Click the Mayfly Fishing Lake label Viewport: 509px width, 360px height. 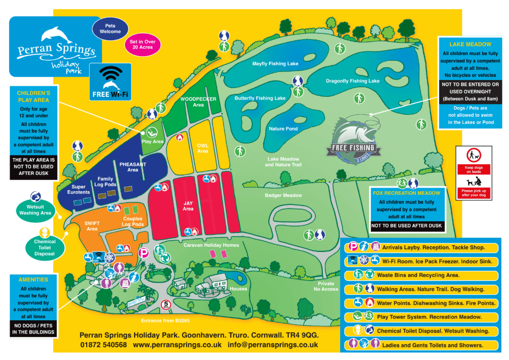point(275,64)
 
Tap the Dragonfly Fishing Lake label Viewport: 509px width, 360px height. point(353,81)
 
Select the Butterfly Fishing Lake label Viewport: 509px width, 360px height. point(260,98)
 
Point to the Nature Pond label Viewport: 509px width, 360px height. point(283,129)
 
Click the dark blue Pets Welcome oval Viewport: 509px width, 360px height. point(110,29)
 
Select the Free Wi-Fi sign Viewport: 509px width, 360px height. point(110,82)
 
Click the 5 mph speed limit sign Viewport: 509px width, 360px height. point(165,305)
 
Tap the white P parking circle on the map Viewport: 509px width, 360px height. point(144,252)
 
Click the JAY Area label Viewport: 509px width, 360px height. point(188,205)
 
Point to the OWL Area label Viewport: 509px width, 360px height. point(202,148)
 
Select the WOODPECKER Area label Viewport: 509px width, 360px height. point(198,101)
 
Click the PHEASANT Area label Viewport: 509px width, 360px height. point(133,167)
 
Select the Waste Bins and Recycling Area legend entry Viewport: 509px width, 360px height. point(418,275)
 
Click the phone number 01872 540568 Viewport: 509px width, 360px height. point(103,345)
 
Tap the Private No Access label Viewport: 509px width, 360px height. point(326,286)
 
